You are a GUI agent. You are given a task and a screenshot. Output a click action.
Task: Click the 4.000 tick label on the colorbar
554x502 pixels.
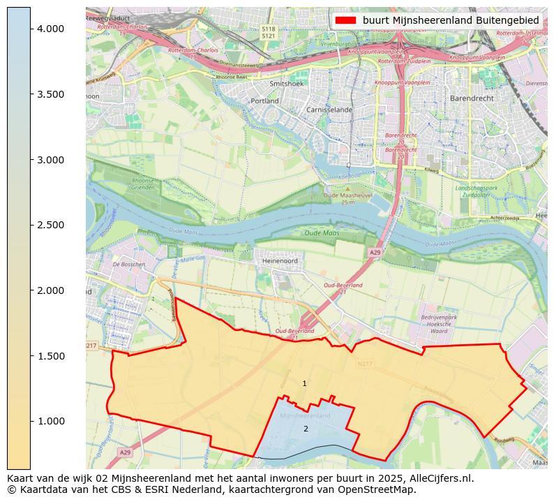point(50,29)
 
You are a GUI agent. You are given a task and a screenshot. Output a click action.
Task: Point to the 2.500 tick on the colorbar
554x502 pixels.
point(50,225)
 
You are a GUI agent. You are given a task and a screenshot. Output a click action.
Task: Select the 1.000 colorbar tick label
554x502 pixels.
point(50,421)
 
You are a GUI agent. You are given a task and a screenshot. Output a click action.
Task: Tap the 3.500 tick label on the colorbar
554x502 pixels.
point(50,94)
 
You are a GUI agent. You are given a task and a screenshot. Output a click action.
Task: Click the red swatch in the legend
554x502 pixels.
point(345,21)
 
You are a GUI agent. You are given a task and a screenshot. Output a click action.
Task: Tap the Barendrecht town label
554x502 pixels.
point(472,98)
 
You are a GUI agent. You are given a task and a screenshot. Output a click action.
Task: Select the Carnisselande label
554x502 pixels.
point(329,110)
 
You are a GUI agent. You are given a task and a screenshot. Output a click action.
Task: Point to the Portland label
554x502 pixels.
point(264,101)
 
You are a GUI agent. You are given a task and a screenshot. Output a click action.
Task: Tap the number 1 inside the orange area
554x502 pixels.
point(304,383)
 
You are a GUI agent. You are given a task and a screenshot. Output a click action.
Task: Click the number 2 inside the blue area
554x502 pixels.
point(306,429)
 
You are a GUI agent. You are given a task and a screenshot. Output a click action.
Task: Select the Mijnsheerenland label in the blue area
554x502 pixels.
point(304,415)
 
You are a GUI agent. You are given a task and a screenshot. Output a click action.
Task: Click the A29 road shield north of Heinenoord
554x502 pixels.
point(375,252)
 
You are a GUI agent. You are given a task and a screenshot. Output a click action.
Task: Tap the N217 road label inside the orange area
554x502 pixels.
point(364,364)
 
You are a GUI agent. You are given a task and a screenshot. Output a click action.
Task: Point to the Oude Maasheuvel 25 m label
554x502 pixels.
point(349,199)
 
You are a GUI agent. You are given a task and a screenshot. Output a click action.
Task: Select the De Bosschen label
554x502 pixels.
point(128,265)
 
